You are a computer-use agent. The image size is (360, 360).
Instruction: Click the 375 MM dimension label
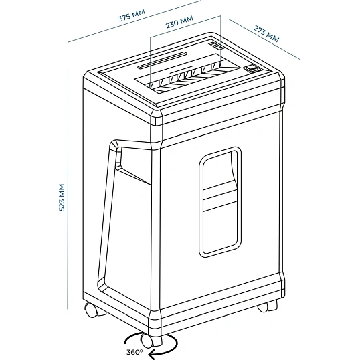132,15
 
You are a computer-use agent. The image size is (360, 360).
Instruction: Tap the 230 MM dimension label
179,22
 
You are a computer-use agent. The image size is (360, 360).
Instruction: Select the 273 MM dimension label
266,34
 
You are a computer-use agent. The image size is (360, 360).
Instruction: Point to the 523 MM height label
62,197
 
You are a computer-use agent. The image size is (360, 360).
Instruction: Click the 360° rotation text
134,352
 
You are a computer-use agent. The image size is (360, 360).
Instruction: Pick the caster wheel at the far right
268,306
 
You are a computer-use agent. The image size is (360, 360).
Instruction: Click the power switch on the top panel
252,68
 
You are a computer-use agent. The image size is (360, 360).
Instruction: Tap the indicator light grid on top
215,46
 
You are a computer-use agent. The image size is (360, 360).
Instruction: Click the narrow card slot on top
163,60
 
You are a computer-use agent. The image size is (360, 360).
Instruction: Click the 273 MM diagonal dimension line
264,39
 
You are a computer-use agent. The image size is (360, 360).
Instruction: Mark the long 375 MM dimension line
134,21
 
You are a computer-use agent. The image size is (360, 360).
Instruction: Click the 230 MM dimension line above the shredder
185,26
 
